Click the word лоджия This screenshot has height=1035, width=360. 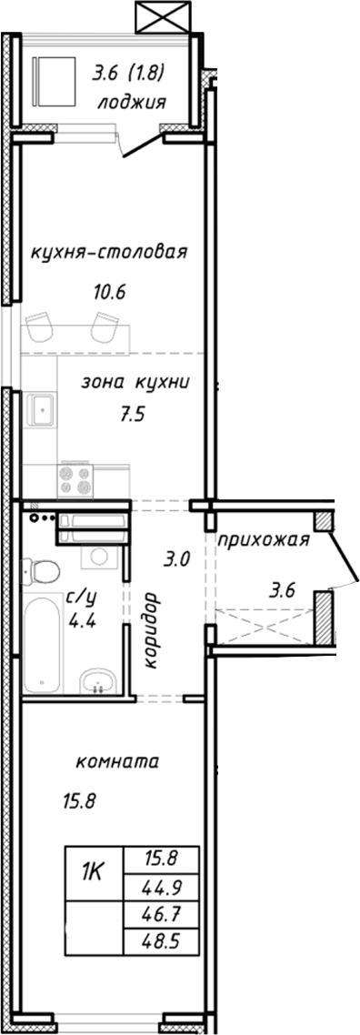[x=131, y=103]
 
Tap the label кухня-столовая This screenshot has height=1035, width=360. [x=108, y=252]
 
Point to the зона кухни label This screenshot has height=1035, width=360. [x=135, y=383]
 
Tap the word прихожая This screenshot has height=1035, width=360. [x=264, y=540]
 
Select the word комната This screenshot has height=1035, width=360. [x=116, y=761]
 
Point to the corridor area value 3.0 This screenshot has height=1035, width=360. [x=176, y=558]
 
